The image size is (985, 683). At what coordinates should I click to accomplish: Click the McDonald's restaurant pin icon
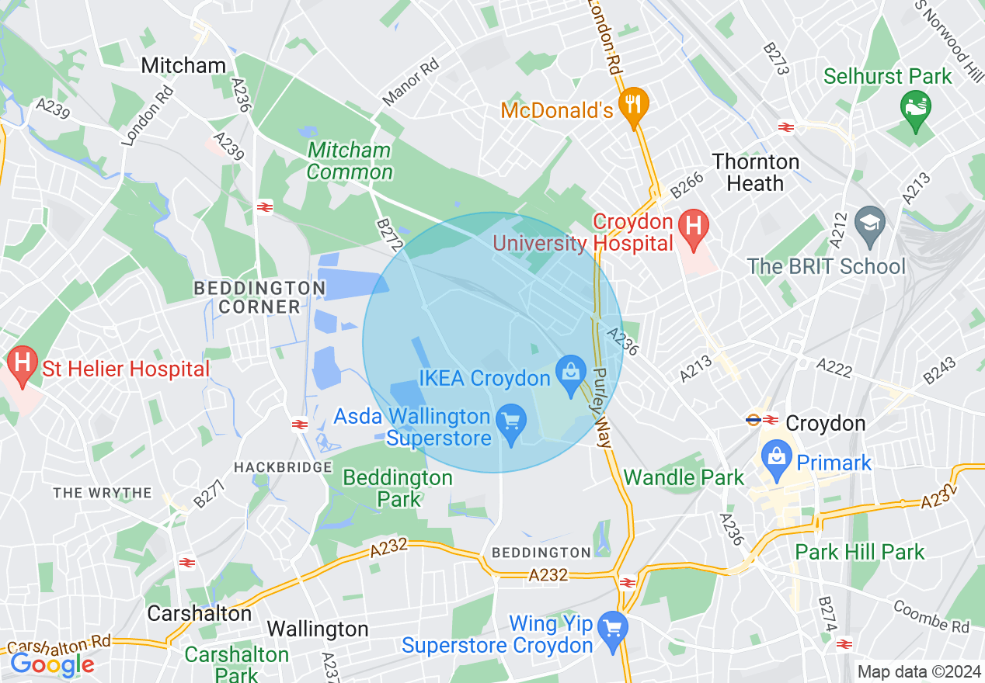tap(634, 103)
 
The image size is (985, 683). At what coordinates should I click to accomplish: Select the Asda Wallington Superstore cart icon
tap(511, 422)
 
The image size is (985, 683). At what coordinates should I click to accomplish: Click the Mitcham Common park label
tap(350, 161)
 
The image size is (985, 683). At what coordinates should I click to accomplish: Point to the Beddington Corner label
tap(259, 297)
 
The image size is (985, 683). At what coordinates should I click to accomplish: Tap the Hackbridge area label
tap(283, 467)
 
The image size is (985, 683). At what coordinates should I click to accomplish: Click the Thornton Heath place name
tap(755, 172)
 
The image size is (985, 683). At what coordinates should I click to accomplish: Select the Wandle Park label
tap(684, 477)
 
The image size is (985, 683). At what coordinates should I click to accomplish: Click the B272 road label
tap(389, 234)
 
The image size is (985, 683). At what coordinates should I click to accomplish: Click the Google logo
tap(52, 664)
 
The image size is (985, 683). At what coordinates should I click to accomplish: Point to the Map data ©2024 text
tap(918, 671)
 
